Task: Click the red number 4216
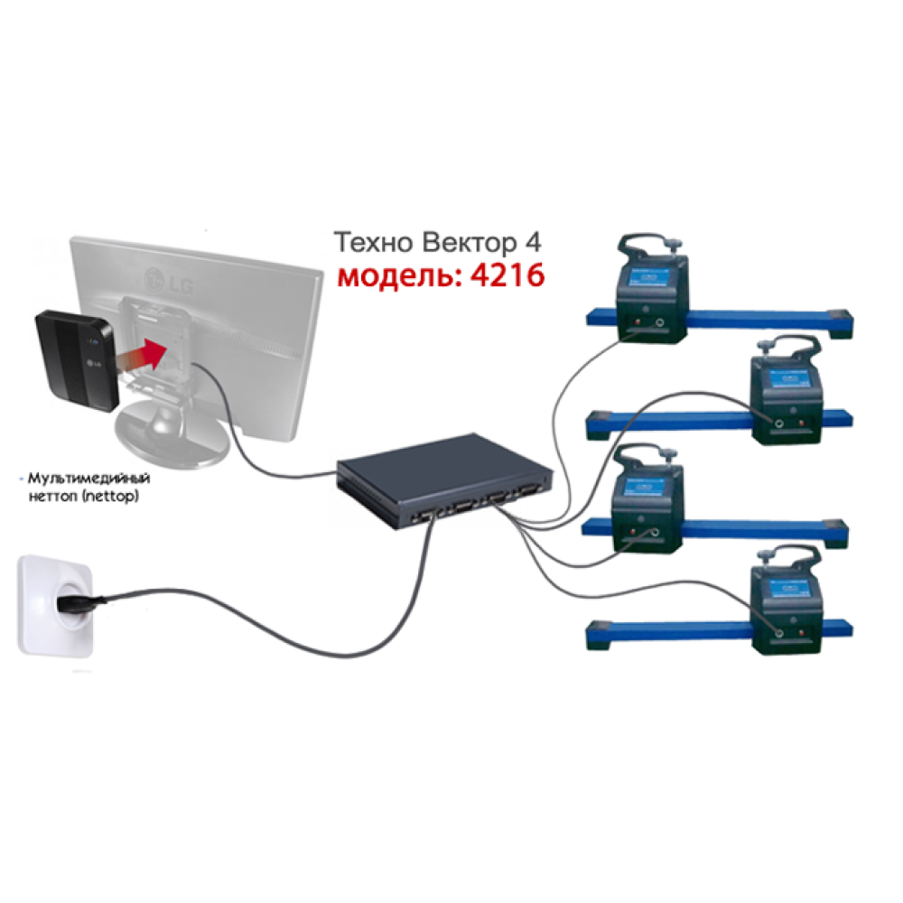click(x=506, y=275)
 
